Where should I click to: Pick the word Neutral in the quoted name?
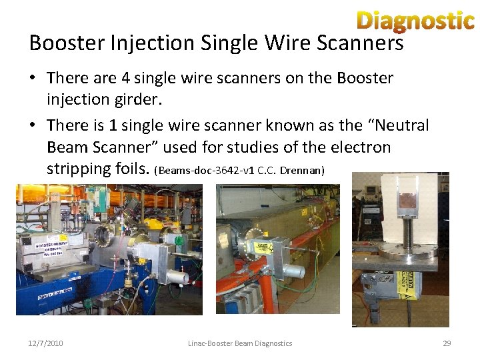(x=402, y=125)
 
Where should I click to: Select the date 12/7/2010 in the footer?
(x=45, y=343)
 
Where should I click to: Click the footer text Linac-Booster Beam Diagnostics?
(x=240, y=343)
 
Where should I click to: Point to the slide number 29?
(x=447, y=343)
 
